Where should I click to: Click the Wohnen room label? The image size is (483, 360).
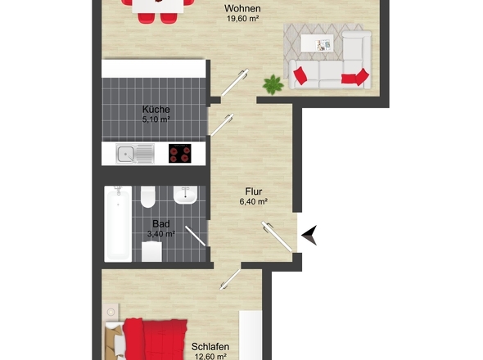pyautogui.click(x=242, y=8)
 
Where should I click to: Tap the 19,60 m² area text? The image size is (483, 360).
pyautogui.click(x=242, y=19)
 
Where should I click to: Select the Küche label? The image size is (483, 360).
pyautogui.click(x=156, y=110)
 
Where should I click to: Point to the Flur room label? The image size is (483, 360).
pyautogui.click(x=254, y=191)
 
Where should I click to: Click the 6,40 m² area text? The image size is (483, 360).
pyautogui.click(x=253, y=202)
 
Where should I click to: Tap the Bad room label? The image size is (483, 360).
pyautogui.click(x=160, y=224)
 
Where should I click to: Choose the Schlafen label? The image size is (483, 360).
pyautogui.click(x=210, y=347)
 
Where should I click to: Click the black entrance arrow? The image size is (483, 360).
pyautogui.click(x=309, y=235)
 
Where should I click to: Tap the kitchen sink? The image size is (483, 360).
pyautogui.click(x=135, y=154)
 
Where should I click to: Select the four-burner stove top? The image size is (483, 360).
pyautogui.click(x=180, y=153)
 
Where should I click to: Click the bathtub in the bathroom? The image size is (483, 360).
pyautogui.click(x=118, y=224)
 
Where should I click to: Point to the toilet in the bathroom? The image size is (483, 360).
pyautogui.click(x=148, y=197)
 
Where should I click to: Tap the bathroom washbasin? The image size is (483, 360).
pyautogui.click(x=185, y=195)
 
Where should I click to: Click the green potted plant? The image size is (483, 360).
pyautogui.click(x=273, y=85)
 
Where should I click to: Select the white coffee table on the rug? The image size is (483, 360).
pyautogui.click(x=317, y=43)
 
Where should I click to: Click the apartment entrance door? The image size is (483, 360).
pyautogui.click(x=277, y=236)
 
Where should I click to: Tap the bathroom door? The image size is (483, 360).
pyautogui.click(x=196, y=236)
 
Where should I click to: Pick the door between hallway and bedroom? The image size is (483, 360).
pyautogui.click(x=230, y=279)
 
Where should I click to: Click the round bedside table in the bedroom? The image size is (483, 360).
pyautogui.click(x=111, y=312)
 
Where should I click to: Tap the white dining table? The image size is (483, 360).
pyautogui.click(x=158, y=7)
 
